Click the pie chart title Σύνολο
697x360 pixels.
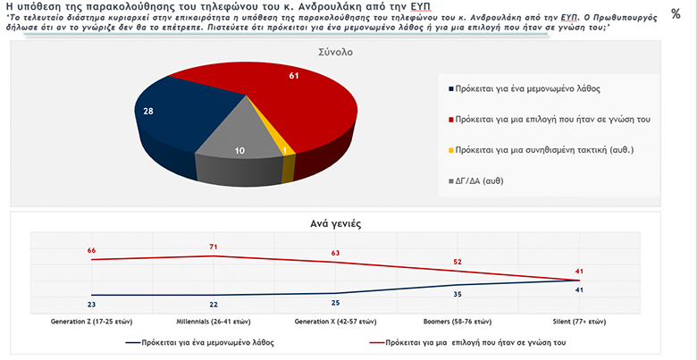336,53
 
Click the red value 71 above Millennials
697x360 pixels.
213,245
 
